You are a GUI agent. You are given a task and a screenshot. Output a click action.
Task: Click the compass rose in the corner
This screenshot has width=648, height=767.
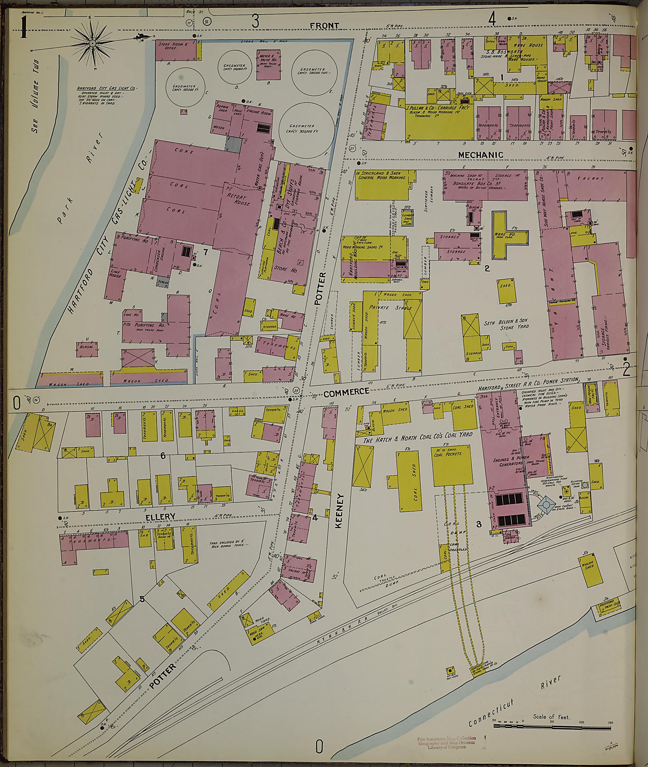click(x=93, y=43)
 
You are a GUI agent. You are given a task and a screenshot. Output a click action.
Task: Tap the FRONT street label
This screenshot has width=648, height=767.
click(x=324, y=25)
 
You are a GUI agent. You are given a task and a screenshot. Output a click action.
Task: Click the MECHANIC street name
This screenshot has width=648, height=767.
click(x=481, y=155)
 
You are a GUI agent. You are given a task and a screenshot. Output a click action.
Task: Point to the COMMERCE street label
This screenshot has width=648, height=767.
click(x=346, y=392)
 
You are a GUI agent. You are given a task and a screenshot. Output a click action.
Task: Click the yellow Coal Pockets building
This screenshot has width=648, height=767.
click(x=452, y=465)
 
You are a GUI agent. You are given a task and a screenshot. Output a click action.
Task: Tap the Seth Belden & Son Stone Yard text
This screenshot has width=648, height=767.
click(x=506, y=324)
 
